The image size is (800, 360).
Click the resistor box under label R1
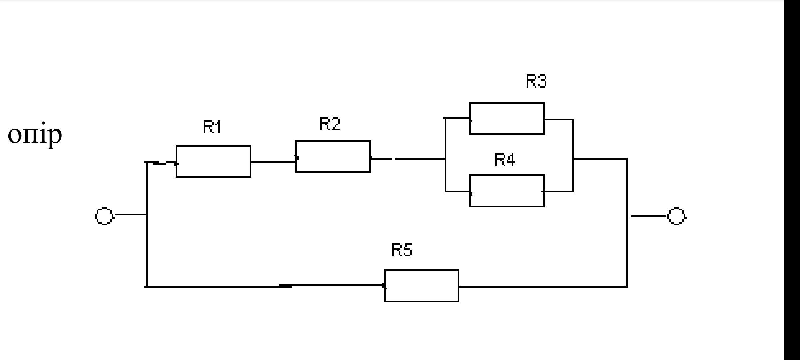click(213, 161)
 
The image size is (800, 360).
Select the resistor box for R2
click(333, 156)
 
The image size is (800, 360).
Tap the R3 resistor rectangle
click(507, 119)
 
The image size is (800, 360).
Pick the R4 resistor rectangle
click(507, 191)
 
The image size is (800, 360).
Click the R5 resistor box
click(422, 286)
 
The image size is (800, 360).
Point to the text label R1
click(212, 127)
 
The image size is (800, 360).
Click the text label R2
click(330, 124)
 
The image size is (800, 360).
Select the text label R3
click(536, 81)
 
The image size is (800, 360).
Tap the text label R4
click(505, 160)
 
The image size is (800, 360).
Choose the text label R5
click(402, 250)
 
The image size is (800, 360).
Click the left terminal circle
click(104, 216)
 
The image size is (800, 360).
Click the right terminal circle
click(676, 216)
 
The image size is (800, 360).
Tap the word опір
click(35, 135)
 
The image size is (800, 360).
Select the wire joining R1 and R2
click(273, 162)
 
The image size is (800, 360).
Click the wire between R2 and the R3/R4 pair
click(420, 159)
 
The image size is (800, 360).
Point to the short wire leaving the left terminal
click(130, 215)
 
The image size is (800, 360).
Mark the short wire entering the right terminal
click(648, 216)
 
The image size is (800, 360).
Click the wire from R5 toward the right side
click(543, 286)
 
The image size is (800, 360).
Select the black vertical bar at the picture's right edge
click(792, 180)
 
